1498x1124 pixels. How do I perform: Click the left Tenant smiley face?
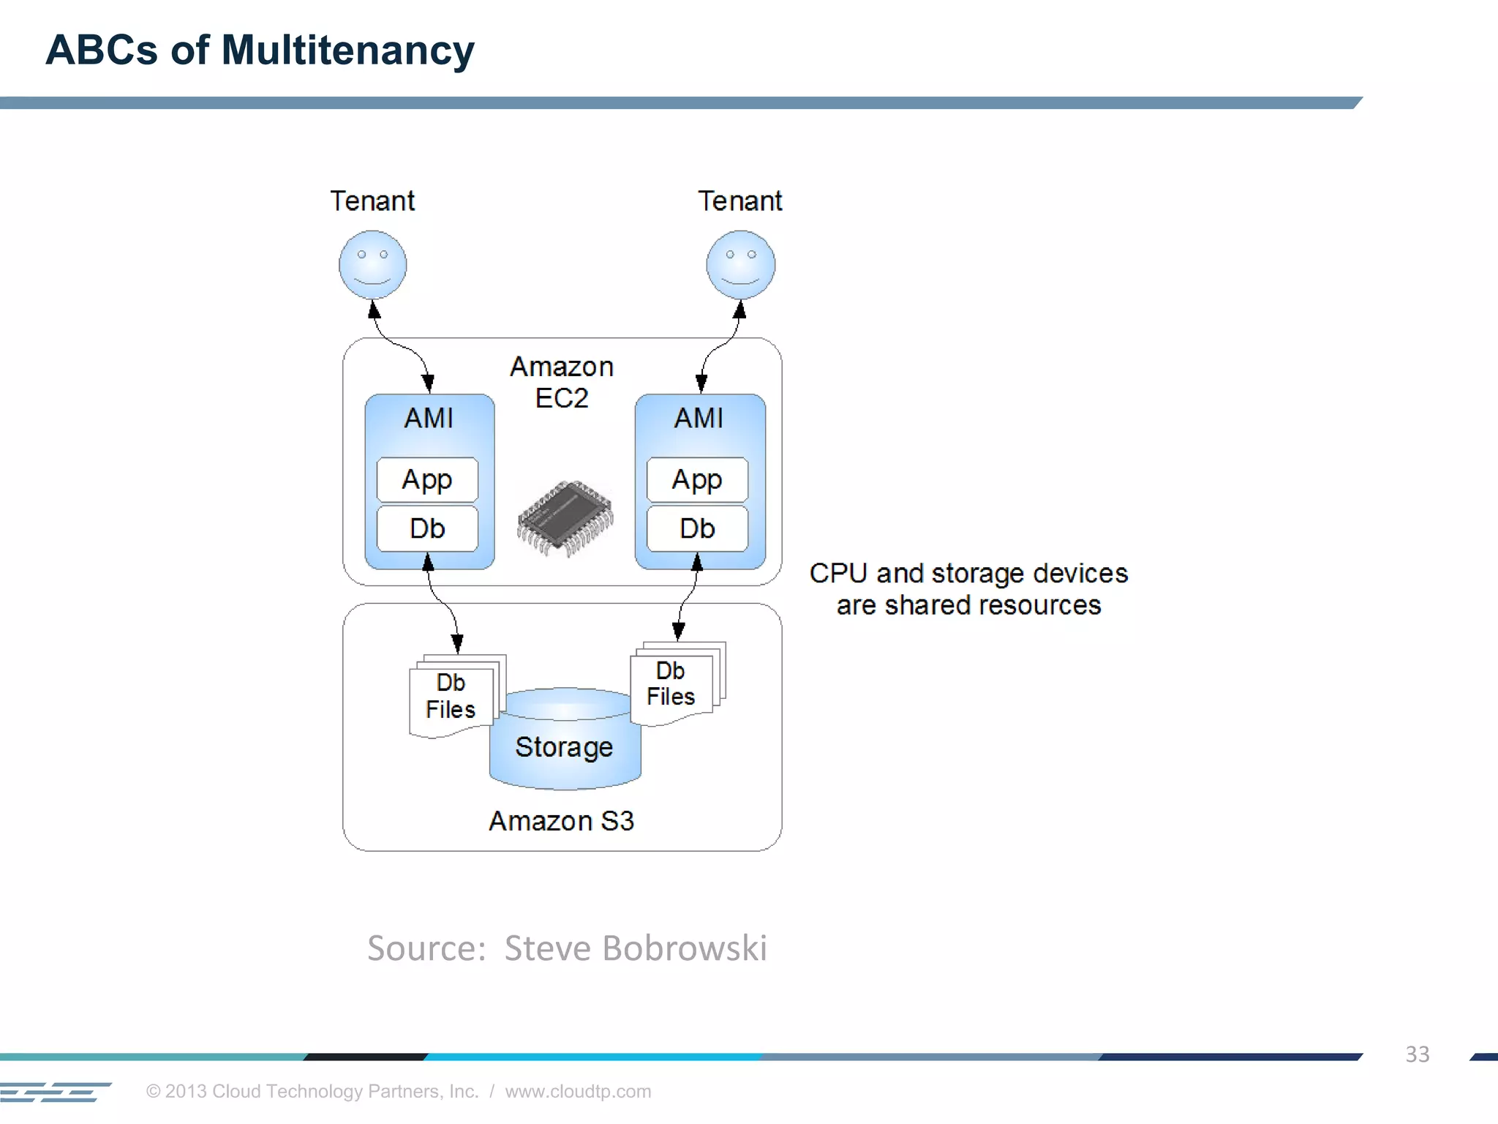click(372, 265)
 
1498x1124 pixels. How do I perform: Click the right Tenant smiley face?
click(740, 265)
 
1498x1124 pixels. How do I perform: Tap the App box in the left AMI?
click(427, 480)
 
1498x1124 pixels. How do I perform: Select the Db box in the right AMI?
click(697, 528)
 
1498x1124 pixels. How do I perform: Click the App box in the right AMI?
click(697, 480)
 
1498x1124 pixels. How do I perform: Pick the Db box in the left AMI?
click(427, 528)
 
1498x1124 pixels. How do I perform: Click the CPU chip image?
click(565, 518)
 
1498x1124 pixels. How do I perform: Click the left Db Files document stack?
click(452, 696)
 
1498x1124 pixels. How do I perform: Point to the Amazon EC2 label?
click(562, 382)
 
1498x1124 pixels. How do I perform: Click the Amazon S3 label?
click(561, 821)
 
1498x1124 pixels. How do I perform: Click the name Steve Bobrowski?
click(636, 948)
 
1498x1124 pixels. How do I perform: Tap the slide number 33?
click(1417, 1054)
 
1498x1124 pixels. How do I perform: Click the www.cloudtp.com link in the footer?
click(578, 1091)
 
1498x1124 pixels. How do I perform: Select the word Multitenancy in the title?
click(347, 50)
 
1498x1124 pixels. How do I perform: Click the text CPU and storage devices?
click(968, 573)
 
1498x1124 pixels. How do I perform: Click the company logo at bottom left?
click(55, 1091)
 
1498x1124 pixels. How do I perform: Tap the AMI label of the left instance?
click(429, 418)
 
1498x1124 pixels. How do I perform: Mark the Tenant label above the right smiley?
click(739, 201)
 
